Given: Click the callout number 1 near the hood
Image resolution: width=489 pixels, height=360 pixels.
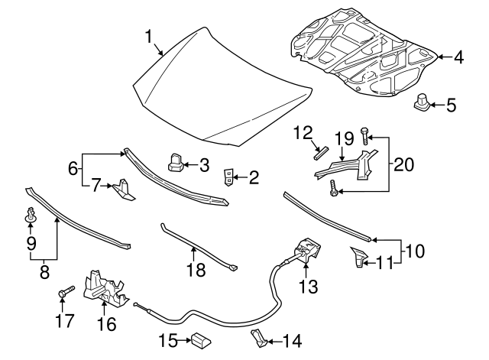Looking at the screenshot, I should point(151,35).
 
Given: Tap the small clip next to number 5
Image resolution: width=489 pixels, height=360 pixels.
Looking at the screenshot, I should point(421,102).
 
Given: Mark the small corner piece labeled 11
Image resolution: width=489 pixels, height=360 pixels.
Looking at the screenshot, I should point(358,258).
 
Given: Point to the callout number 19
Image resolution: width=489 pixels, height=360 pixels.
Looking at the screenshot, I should point(344,138).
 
